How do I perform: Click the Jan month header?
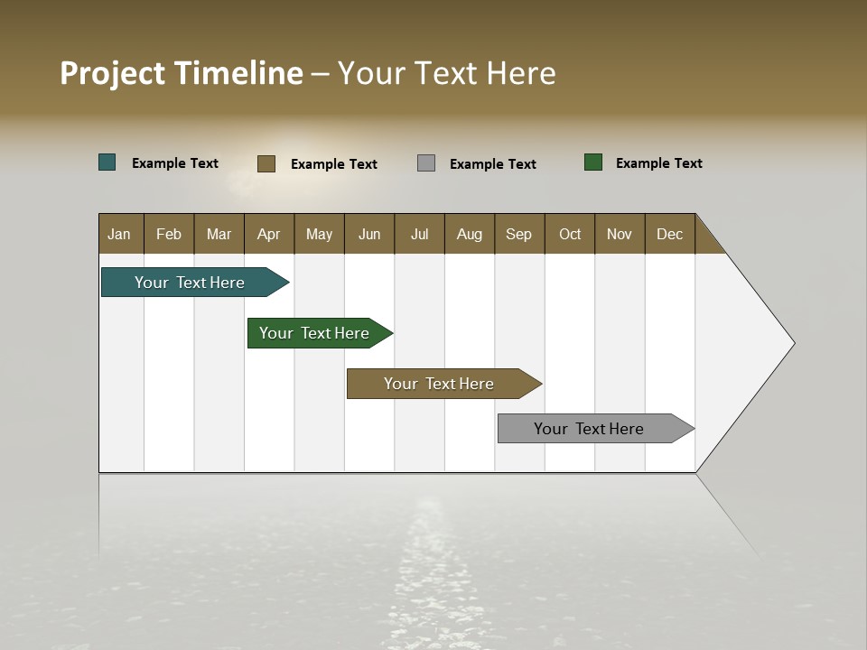(x=120, y=234)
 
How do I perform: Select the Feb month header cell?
(x=169, y=234)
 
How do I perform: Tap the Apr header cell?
(x=269, y=234)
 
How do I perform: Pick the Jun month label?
(x=369, y=234)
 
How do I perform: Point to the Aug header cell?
(x=470, y=234)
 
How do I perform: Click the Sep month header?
(x=519, y=234)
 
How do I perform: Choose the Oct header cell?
(x=570, y=234)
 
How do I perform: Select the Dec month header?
(x=670, y=234)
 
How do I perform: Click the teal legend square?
(x=107, y=162)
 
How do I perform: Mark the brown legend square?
(x=266, y=163)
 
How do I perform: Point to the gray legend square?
(x=426, y=162)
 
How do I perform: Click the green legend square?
(x=593, y=162)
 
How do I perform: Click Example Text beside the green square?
(x=658, y=163)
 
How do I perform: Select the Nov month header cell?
(x=620, y=234)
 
